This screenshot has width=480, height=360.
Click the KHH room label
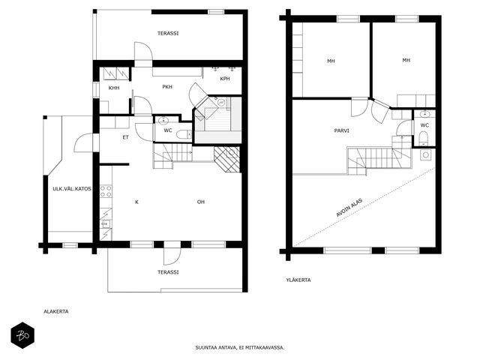pos(114,88)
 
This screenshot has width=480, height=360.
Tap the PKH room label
pos(167,87)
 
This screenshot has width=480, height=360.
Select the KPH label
pos(225,79)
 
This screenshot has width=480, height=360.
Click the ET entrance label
pos(125,137)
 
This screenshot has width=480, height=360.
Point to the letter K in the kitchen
pos(136,202)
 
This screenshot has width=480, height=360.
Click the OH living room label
pos(201,202)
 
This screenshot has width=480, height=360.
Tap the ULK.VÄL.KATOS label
pos(72,188)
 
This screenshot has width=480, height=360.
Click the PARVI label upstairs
pos(342,130)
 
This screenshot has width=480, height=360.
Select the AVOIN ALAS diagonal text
pos(349,208)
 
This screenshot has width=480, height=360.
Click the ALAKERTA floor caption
pos(56,312)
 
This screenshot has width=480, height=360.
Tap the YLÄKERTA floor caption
pos(298,280)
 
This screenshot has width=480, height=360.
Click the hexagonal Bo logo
pos(22,335)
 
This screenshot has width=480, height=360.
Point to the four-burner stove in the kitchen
pos(106,190)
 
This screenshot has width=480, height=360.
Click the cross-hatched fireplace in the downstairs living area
pos(226,159)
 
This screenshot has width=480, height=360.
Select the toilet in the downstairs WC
pos(184,134)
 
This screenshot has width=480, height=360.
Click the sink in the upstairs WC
pos(425,115)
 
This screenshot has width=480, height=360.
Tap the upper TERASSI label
pos(168,33)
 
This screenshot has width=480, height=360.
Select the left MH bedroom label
pos(331,61)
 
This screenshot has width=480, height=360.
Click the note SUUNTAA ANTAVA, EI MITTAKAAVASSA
pos(240,347)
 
